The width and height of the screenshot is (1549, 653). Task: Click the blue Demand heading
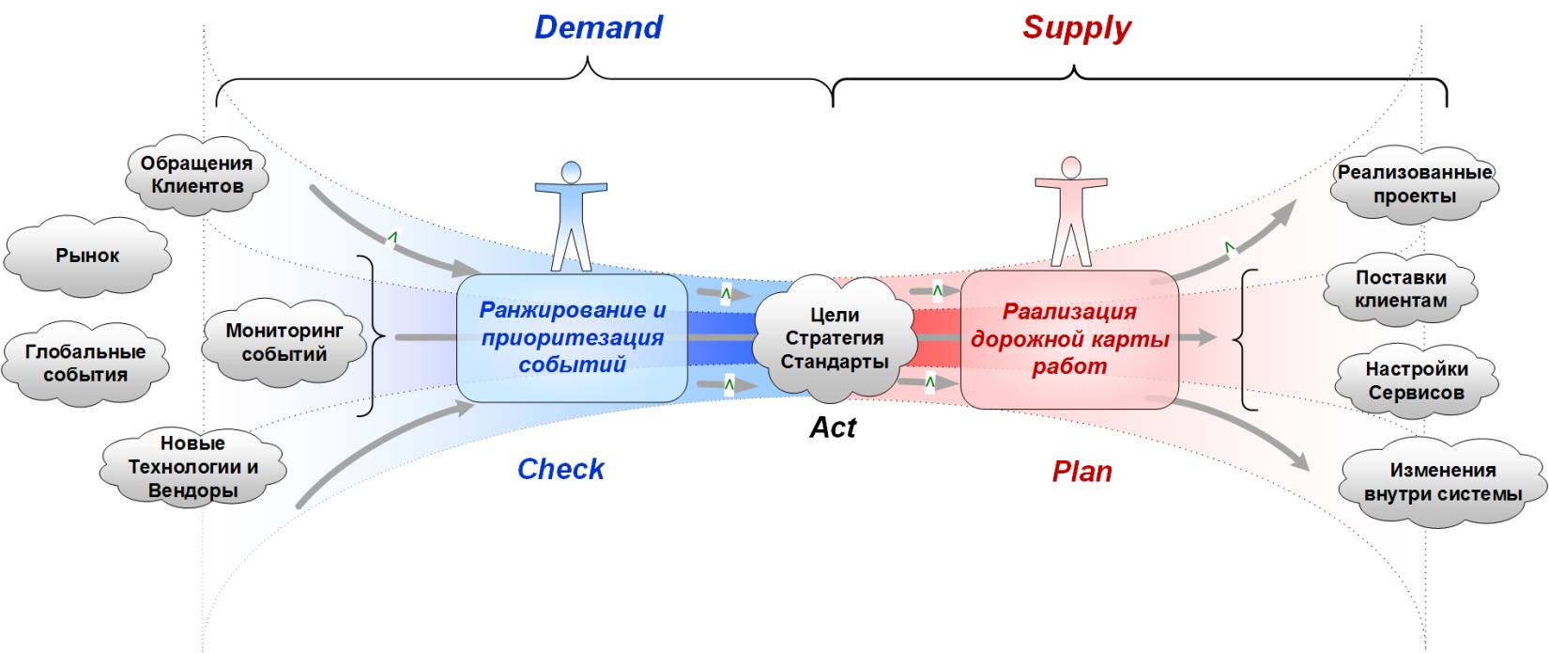(x=598, y=27)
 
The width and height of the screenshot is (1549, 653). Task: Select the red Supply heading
(x=1076, y=27)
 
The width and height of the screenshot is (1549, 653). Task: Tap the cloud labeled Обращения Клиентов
(x=196, y=175)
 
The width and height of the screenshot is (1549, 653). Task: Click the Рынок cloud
(x=87, y=256)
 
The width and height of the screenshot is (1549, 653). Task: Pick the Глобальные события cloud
(x=85, y=364)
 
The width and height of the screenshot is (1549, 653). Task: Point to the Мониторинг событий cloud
(x=284, y=342)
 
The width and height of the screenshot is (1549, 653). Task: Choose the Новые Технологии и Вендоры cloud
(x=192, y=467)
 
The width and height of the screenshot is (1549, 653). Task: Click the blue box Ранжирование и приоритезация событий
(x=572, y=337)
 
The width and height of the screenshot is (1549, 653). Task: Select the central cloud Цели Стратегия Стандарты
(x=835, y=338)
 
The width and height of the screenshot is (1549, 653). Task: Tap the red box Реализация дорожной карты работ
(x=1069, y=338)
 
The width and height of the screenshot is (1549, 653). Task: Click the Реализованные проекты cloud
(x=1414, y=184)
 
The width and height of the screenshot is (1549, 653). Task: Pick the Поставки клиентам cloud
(x=1401, y=289)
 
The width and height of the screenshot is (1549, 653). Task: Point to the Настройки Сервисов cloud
(x=1416, y=381)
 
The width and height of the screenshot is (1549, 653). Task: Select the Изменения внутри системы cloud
(x=1443, y=482)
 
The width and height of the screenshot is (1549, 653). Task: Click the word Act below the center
(x=833, y=428)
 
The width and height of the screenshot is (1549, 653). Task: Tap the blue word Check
(x=560, y=469)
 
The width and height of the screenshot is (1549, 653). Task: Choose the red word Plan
(x=1081, y=471)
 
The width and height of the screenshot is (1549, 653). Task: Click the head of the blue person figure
(x=571, y=172)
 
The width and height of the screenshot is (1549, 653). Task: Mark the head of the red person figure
(x=1070, y=167)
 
